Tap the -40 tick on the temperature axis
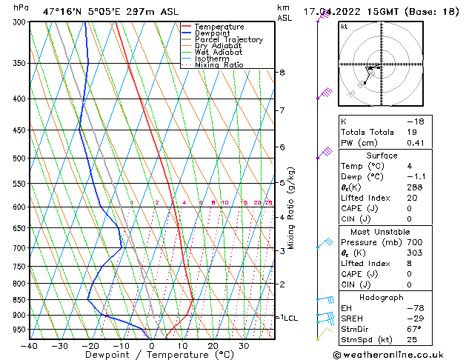30,345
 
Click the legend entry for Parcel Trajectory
228,40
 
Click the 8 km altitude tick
282,73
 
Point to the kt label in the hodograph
344,27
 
